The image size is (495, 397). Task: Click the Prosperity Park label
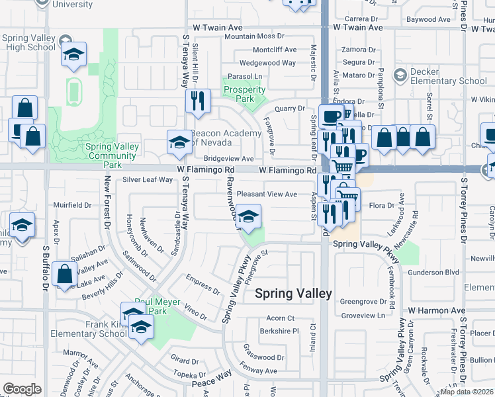coord(245,95)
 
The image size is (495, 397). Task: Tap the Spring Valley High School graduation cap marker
coord(73,55)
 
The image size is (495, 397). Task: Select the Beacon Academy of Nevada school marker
coord(179,142)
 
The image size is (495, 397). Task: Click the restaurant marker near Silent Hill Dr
coord(197,101)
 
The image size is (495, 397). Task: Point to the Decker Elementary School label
coord(449,76)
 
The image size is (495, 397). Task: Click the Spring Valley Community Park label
coord(111,152)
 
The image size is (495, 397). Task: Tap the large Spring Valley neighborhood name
coord(293,294)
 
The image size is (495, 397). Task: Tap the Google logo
coord(22,388)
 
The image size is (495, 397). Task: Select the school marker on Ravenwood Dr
coord(247,217)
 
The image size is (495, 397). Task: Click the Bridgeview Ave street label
coord(228,159)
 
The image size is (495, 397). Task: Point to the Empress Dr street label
coord(203,285)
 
